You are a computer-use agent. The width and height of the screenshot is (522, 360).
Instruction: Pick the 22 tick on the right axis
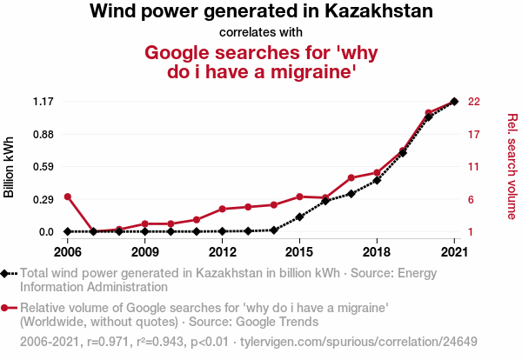(x=474, y=102)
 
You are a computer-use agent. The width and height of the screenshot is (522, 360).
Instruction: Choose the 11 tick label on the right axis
(x=474, y=167)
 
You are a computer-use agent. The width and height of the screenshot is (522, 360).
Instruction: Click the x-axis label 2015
(x=299, y=252)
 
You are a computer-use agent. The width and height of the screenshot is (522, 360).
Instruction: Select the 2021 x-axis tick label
(x=454, y=252)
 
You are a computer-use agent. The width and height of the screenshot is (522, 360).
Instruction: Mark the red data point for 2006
(x=67, y=197)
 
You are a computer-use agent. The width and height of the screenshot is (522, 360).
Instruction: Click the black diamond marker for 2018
(x=377, y=181)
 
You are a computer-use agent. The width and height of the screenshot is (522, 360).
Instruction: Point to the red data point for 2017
(x=351, y=177)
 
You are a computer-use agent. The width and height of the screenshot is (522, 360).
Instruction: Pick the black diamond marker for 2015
(x=299, y=217)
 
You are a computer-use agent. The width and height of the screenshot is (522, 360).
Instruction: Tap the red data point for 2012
(x=222, y=210)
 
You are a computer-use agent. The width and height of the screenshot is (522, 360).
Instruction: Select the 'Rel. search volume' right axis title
(x=512, y=165)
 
